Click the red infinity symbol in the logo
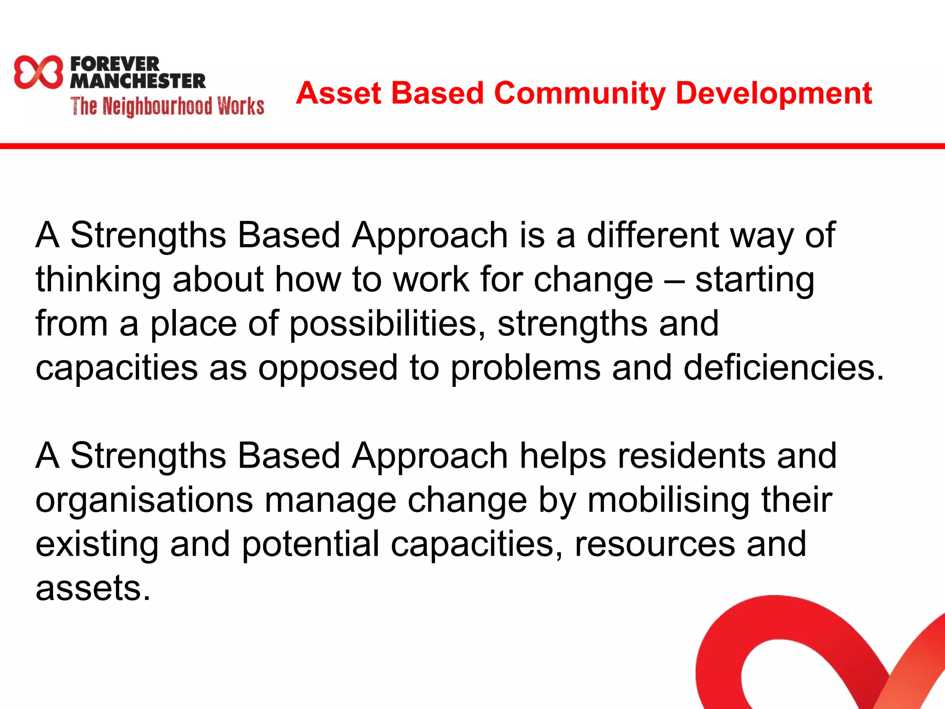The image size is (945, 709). [38, 72]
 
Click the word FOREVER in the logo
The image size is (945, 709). [114, 64]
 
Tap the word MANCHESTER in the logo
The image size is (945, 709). [138, 81]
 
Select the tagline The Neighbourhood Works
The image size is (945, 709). [167, 106]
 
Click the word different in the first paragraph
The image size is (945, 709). [652, 235]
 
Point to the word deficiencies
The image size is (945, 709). [784, 367]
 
